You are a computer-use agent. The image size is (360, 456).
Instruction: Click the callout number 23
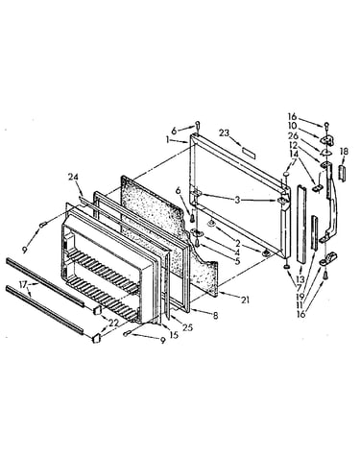point(224,132)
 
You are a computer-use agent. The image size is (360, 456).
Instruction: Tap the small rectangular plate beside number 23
point(249,151)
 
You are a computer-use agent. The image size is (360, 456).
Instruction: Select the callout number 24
point(73,177)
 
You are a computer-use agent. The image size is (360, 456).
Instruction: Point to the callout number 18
point(344,151)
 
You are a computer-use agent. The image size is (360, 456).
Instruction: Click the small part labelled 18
point(342,173)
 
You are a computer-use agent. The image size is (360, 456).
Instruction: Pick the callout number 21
point(245,300)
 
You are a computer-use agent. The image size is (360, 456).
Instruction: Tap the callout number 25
point(188,327)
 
